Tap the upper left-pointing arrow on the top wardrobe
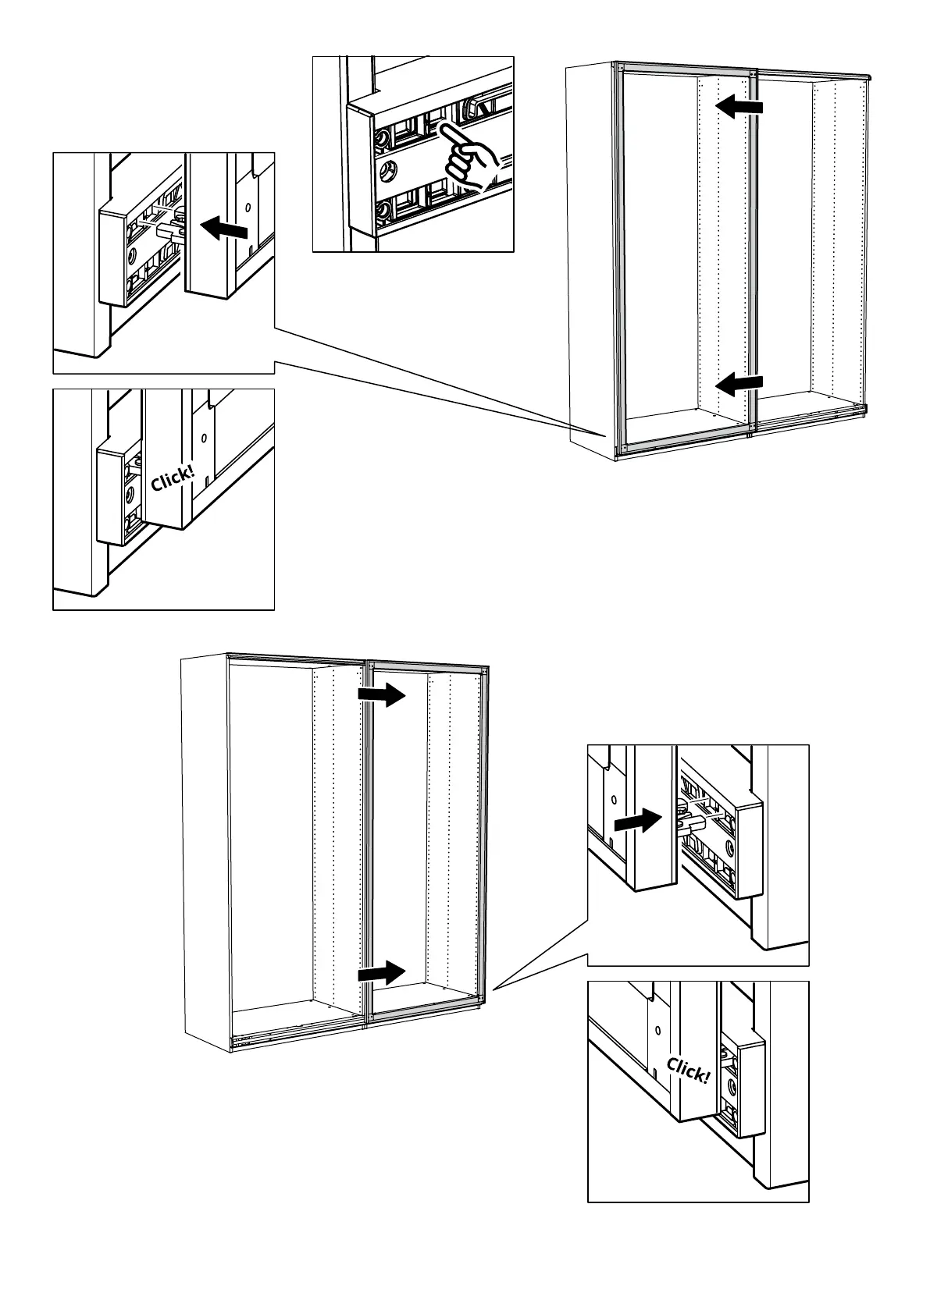(x=739, y=107)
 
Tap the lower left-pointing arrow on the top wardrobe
(x=739, y=383)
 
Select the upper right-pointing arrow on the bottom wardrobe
(x=382, y=694)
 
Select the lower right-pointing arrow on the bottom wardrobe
(x=382, y=973)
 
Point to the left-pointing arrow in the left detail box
(x=225, y=228)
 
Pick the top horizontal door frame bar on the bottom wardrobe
(x=297, y=658)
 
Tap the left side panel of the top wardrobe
(x=590, y=257)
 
